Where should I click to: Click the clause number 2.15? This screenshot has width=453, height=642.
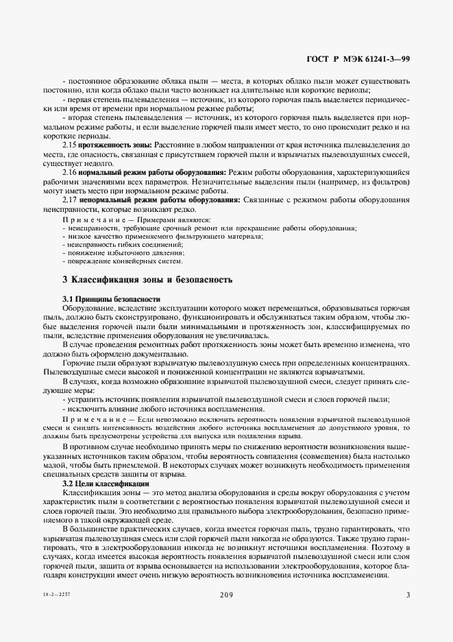tap(69, 145)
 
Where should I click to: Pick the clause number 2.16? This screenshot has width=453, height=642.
tap(69, 172)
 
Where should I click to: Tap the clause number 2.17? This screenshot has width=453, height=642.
tap(69, 200)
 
